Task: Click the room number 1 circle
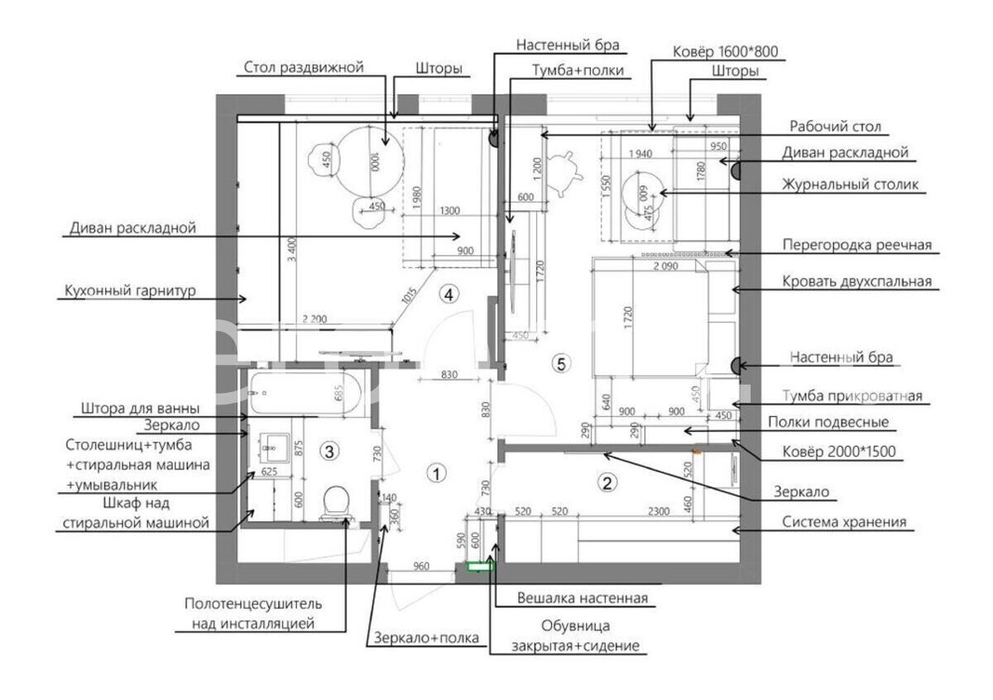point(435,473)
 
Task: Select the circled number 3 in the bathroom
point(329,451)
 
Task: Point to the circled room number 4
point(449,293)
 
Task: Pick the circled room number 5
point(562,362)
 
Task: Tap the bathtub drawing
point(306,394)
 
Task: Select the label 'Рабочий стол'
point(835,127)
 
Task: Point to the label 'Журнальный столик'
point(851,185)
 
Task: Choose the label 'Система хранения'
point(845,522)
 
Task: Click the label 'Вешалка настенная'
point(582,597)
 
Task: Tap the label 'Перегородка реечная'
point(857,245)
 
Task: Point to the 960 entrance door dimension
point(421,567)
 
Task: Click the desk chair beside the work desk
point(565,172)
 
